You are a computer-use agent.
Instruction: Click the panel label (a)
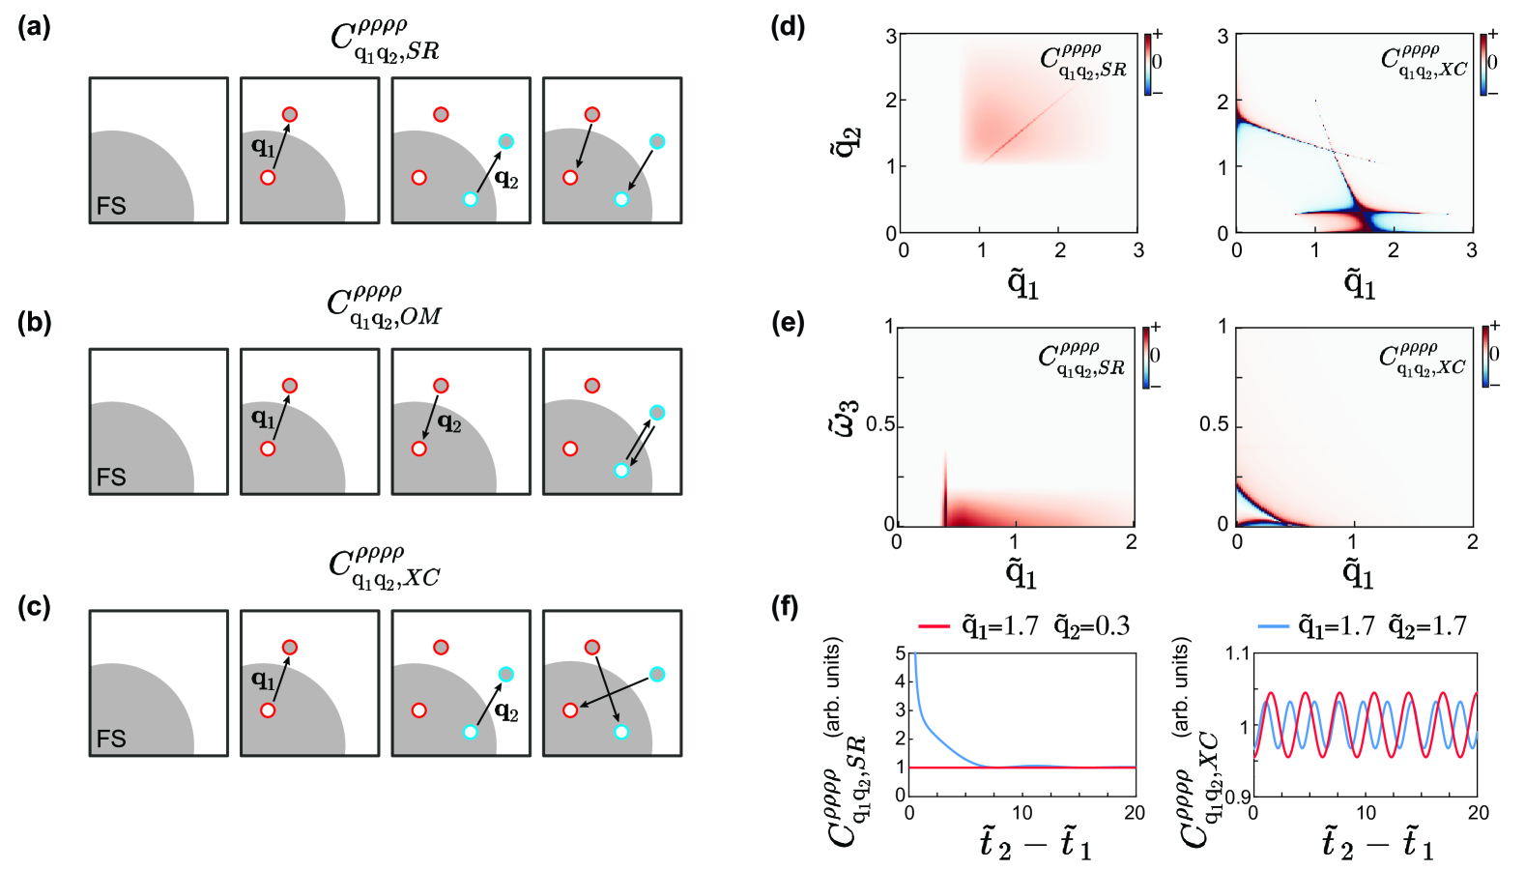click(x=35, y=27)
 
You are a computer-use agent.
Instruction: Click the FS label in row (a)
click(x=111, y=206)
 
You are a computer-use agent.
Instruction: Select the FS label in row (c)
click(x=111, y=739)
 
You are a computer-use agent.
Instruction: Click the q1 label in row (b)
click(x=262, y=418)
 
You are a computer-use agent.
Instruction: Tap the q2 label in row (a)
click(x=506, y=179)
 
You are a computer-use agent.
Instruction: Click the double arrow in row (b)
click(x=639, y=442)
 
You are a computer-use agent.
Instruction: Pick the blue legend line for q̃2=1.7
click(x=1275, y=626)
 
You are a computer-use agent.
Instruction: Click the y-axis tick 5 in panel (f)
click(x=901, y=653)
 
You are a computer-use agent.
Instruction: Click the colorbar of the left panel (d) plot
click(x=1147, y=64)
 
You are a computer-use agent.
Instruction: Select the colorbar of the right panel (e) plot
click(x=1483, y=356)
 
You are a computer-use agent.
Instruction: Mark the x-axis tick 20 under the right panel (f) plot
click(x=1478, y=813)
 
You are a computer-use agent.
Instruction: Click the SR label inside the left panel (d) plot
click(x=1083, y=60)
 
